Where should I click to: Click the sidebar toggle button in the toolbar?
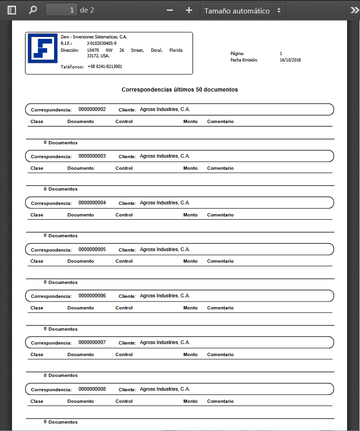pos(12,10)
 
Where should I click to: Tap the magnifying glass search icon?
pos(33,10)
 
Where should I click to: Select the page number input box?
pos(61,10)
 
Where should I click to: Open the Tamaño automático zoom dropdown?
pos(243,10)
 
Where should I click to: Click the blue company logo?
pos(43,48)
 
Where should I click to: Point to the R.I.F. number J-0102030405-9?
pos(101,43)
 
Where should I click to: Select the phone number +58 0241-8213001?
pos(104,67)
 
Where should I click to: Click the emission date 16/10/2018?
pos(290,60)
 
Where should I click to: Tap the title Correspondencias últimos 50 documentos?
pos(179,90)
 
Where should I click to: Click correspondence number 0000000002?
pos(92,110)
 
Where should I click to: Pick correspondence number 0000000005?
pos(92,249)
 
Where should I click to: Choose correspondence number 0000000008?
pos(92,389)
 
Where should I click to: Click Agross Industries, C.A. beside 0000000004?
pos(165,203)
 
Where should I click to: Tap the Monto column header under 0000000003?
pos(190,168)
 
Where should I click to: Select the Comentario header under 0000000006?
pos(220,308)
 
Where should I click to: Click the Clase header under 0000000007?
pos(37,355)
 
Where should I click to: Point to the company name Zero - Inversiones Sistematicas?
pos(93,37)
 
